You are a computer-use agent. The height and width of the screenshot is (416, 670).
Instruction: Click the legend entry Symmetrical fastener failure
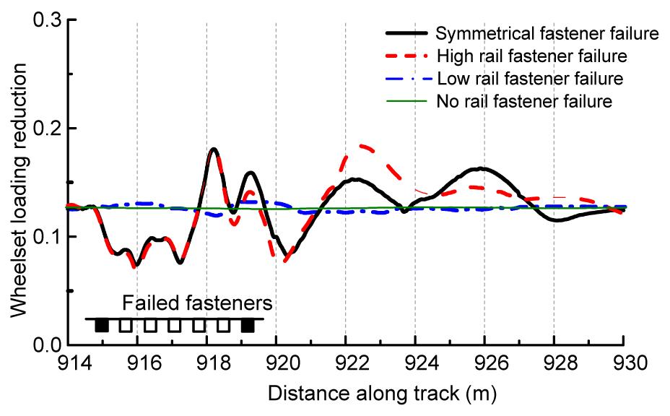click(548, 34)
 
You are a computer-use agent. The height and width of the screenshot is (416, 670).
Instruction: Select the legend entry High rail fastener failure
click(531, 56)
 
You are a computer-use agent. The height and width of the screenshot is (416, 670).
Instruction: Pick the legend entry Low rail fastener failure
click(530, 78)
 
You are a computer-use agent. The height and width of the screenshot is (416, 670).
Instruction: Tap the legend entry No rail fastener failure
click(525, 100)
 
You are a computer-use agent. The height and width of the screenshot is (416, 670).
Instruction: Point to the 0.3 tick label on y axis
click(45, 19)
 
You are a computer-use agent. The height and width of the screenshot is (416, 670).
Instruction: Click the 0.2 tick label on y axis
click(45, 129)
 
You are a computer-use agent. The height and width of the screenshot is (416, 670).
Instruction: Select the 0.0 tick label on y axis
click(45, 344)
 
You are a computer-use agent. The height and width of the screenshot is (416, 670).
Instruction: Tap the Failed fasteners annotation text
click(197, 301)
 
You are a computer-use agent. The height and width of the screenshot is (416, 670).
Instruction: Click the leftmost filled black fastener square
click(102, 325)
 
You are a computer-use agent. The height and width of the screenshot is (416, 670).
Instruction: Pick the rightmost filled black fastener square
click(248, 325)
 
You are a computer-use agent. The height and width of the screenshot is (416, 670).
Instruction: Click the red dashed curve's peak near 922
click(360, 145)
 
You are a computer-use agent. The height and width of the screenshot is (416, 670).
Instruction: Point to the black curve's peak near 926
click(480, 168)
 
